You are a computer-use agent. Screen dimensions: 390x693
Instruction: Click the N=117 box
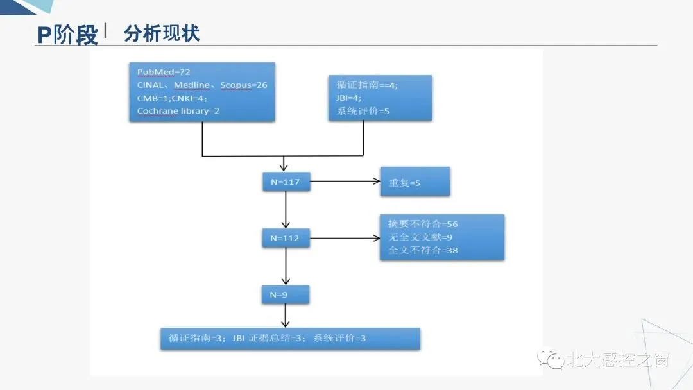[286, 182]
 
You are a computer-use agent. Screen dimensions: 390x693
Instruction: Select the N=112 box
[286, 238]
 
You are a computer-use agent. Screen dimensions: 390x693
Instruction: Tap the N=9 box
[286, 294]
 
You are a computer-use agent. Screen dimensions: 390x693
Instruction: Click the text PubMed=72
[164, 71]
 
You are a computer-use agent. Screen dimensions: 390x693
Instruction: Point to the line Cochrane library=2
[178, 111]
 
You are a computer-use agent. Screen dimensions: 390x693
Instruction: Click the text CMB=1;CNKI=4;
[171, 98]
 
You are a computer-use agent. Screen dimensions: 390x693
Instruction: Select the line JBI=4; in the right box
[349, 98]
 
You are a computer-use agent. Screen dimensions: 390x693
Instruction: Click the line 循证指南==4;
[367, 85]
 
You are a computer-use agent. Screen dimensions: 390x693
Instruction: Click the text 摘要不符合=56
[423, 224]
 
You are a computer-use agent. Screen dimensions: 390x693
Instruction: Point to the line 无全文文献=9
[420, 237]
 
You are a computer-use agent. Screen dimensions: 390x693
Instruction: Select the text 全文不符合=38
[423, 250]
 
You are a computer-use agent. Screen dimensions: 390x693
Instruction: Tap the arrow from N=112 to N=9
[286, 266]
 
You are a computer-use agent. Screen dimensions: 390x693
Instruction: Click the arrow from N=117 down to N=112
[286, 210]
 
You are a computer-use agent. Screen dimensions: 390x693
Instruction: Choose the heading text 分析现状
[162, 33]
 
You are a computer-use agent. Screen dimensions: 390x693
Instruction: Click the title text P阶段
[67, 35]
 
